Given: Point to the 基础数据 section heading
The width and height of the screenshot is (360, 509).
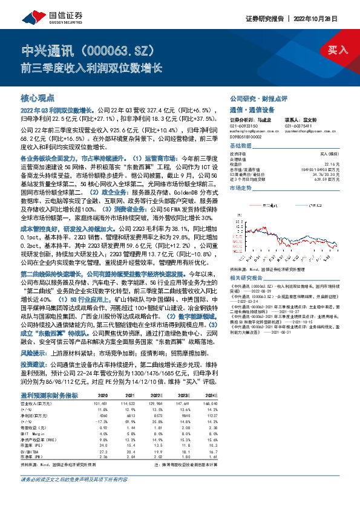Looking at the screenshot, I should pyautogui.click(x=241, y=146).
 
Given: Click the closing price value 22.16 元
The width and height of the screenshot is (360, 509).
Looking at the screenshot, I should pyautogui.click(x=339, y=164).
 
